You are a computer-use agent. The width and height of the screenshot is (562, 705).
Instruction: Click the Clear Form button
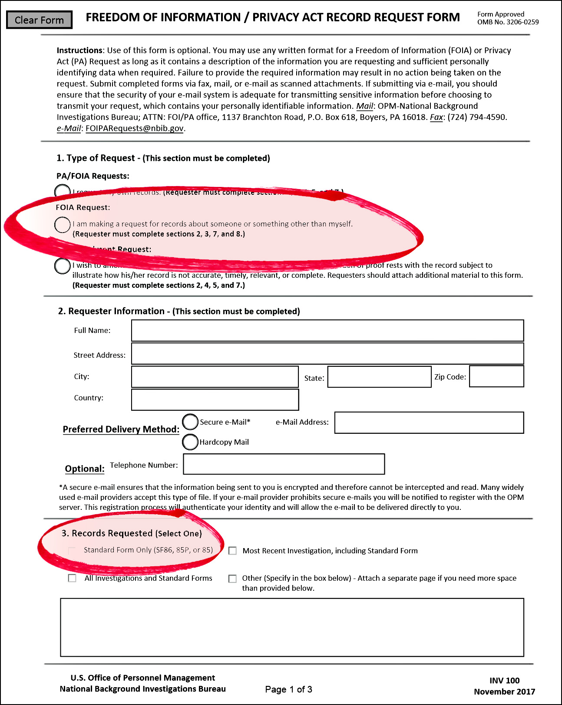pos(39,20)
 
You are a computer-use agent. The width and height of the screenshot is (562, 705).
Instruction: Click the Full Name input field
pos(327,331)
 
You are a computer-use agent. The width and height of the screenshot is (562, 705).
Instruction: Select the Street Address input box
pos(327,354)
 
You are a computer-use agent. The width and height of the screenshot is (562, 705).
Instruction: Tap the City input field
pos(215,377)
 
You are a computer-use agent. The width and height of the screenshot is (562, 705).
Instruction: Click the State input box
pos(379,377)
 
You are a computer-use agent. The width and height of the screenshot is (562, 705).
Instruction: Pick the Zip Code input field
pos(496,376)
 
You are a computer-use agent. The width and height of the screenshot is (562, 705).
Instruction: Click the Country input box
pos(215,400)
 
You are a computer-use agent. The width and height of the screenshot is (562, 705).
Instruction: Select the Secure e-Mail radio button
pos(190,422)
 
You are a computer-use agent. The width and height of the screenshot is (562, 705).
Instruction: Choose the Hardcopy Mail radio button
pos(190,442)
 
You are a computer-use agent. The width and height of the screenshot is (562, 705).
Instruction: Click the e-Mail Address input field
pos(429,423)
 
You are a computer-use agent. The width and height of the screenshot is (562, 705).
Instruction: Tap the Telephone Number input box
pos(284,464)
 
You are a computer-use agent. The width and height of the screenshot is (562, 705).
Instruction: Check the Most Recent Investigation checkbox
pos(233,551)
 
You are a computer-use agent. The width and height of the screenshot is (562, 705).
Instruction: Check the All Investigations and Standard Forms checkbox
pos(72,578)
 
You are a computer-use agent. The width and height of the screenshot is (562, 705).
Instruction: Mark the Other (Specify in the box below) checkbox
pos(233,579)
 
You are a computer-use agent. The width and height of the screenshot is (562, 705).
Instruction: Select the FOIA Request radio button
pos(63,225)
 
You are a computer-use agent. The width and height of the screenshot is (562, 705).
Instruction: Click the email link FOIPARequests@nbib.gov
pos(135,128)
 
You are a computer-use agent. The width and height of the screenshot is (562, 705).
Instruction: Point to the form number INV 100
pos(504,681)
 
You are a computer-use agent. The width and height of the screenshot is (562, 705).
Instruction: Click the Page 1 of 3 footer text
pos(288,689)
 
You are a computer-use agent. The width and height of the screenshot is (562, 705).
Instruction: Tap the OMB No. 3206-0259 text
pos(508,22)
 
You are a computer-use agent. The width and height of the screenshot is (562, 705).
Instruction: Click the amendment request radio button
pos(63,266)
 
